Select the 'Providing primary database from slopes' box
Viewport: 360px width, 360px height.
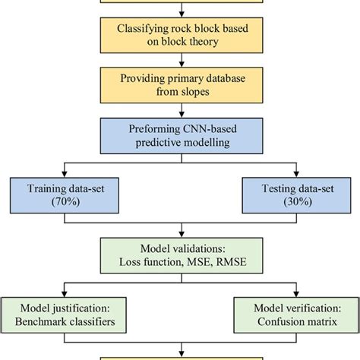click(180, 86)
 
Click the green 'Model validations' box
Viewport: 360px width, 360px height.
click(180, 257)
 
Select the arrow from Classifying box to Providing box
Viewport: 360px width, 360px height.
click(180, 62)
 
